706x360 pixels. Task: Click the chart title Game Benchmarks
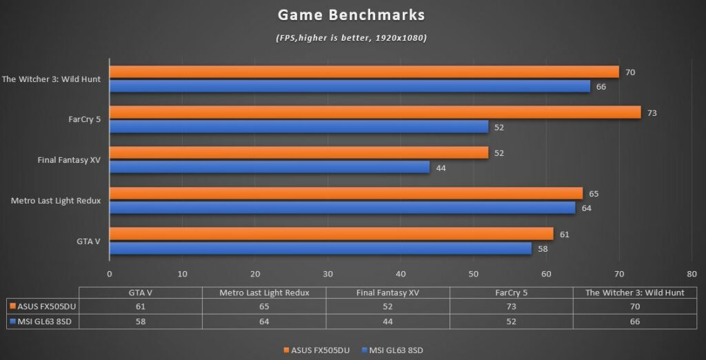click(352, 14)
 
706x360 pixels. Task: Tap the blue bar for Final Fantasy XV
click(269, 167)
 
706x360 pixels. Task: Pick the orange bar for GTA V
click(331, 234)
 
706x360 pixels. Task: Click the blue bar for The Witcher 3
click(350, 86)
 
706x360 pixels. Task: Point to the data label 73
click(652, 112)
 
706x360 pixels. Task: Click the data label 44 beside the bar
click(441, 167)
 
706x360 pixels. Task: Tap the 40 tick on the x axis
click(401, 273)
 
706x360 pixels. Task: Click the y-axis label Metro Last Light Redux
click(57, 201)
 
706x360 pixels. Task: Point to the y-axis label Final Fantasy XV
click(69, 160)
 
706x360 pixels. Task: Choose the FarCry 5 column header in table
click(512, 292)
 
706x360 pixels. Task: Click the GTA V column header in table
click(141, 292)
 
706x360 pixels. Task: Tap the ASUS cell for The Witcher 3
click(635, 306)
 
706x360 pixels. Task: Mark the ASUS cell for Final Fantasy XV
click(387, 306)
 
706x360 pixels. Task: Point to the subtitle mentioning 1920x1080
click(352, 37)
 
